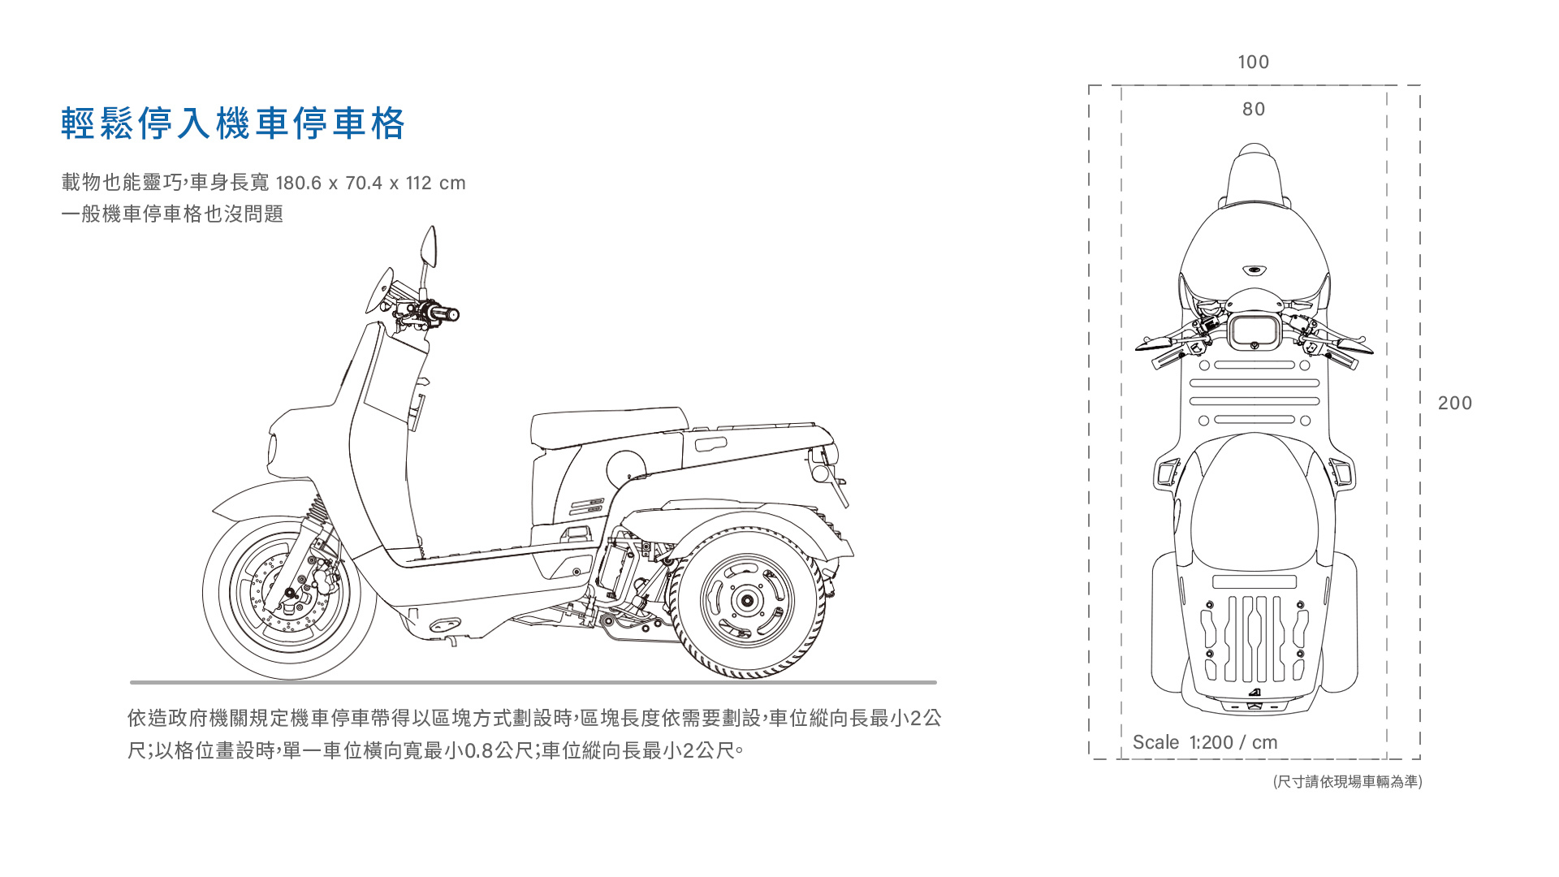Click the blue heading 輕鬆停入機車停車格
233,123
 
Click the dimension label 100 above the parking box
1253,63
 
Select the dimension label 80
1253,110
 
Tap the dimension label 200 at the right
1454,404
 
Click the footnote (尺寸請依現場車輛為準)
1347,781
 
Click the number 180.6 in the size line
299,184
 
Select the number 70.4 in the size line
364,184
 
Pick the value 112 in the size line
419,184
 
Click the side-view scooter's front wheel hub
289,598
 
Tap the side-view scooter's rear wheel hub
746,601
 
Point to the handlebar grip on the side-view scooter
446,313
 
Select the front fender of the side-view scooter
260,497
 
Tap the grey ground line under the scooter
533,683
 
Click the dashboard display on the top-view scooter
1254,331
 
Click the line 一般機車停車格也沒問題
172,214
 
